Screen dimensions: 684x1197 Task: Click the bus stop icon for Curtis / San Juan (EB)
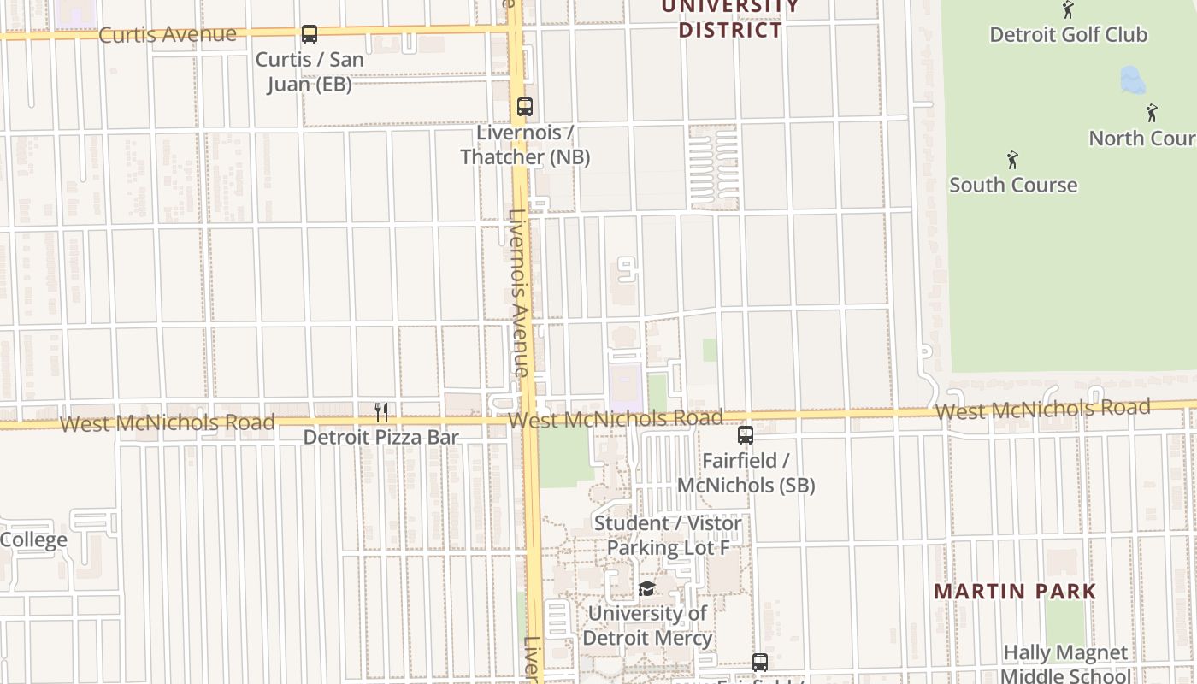point(310,34)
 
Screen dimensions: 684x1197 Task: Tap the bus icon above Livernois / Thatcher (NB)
point(525,107)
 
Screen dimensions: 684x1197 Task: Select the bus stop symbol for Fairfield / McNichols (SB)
point(746,435)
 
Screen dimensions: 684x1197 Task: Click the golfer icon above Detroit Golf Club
point(1068,10)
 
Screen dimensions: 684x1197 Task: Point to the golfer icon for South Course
point(1013,160)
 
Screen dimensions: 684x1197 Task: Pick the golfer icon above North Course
point(1152,113)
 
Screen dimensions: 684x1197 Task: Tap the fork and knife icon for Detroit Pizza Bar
point(381,412)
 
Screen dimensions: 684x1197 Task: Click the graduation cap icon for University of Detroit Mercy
point(646,589)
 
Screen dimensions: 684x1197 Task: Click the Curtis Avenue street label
point(168,34)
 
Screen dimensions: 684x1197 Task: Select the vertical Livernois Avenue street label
point(518,293)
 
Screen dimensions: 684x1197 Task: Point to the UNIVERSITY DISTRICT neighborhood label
point(730,19)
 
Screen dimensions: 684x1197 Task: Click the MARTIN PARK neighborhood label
point(1015,591)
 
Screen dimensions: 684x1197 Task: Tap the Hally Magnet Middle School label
point(1065,664)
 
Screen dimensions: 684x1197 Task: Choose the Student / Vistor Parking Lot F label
point(668,535)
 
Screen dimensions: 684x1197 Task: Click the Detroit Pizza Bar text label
point(381,437)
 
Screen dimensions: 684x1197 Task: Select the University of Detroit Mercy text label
point(648,625)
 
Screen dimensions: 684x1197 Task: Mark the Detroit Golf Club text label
point(1068,35)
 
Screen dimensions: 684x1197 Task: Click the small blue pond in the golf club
point(1132,80)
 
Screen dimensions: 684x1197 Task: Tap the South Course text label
point(1013,185)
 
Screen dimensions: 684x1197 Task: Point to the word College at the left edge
point(33,540)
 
